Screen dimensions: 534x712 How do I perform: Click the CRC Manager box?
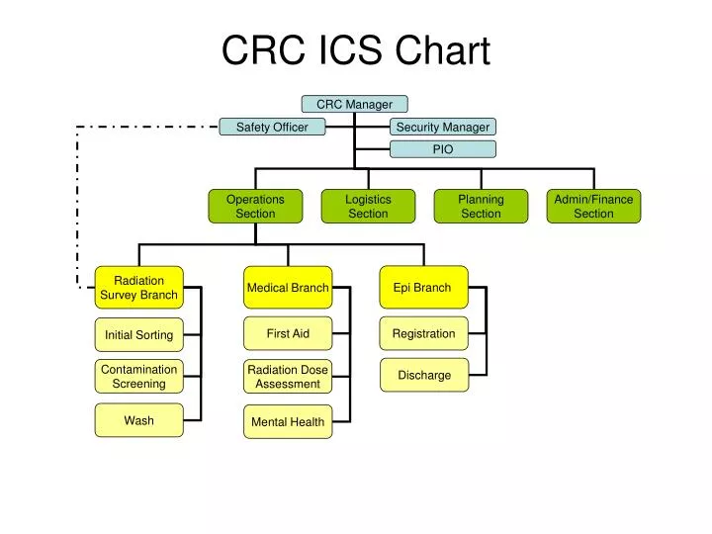(354, 104)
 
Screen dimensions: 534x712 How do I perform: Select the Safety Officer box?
(272, 127)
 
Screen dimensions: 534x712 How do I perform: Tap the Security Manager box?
(442, 127)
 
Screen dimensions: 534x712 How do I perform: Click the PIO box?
(442, 149)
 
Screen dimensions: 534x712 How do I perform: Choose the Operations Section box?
(255, 206)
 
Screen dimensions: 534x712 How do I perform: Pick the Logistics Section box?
(368, 206)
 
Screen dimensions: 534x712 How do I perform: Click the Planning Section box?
(481, 206)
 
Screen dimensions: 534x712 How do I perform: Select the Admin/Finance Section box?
(593, 206)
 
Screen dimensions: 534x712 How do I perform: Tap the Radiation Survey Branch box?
(138, 288)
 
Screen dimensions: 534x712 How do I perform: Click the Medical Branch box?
(288, 288)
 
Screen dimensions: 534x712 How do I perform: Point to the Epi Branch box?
(423, 288)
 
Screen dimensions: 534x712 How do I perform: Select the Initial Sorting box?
(138, 335)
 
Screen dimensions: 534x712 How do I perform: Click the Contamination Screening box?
(138, 376)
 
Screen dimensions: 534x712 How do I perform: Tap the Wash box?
(138, 420)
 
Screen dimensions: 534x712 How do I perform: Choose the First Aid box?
(288, 333)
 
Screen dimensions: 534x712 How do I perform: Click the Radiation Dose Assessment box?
(288, 376)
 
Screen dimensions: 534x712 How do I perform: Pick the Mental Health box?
(288, 421)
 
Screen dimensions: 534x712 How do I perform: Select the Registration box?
(423, 333)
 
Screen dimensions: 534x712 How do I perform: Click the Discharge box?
(423, 375)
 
